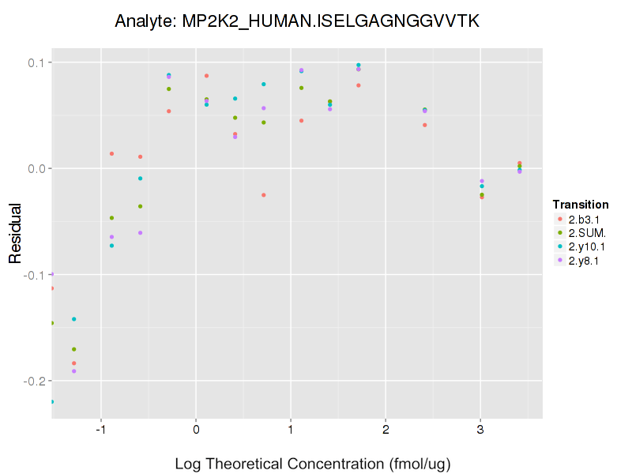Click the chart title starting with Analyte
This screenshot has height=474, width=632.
pos(296,21)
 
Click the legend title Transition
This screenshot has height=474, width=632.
pos(581,205)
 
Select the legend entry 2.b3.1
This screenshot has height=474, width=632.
pos(582,219)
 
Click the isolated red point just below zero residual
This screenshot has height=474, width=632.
pos(264,195)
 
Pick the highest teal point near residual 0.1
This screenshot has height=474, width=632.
pos(358,65)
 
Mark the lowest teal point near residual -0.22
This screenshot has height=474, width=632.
pos(52,401)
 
